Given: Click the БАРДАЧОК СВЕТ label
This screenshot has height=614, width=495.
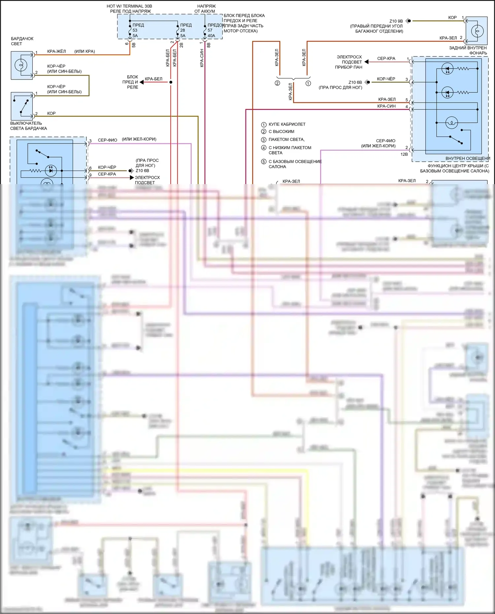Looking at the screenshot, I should pos(22,41).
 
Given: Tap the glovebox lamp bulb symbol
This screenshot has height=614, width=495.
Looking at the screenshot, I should pos(21,65).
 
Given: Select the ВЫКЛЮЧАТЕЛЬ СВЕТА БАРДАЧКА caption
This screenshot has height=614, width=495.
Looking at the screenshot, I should pos(28,126).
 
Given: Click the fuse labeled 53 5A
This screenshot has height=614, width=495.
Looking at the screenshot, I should pos(130,30).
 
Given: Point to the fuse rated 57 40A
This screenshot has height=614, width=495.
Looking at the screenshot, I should pos(205,30).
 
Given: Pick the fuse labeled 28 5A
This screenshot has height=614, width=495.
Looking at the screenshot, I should pos(178,30).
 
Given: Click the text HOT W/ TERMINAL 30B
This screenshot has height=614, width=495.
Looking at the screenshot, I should pos(129,6).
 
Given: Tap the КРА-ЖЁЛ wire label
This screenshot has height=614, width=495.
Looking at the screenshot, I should pos(56,51).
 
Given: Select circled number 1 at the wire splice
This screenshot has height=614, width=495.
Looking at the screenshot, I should pos(308,83).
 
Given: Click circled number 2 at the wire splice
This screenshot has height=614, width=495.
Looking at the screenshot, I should pos(278,83).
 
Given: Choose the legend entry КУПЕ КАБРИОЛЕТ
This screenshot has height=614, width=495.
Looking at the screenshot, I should pos(287,124).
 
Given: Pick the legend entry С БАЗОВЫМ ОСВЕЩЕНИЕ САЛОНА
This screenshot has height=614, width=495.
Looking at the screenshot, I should pos(295,164).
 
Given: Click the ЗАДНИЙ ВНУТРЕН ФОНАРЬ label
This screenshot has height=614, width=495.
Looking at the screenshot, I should pos(468,50).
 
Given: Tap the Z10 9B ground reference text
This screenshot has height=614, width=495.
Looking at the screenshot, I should pos(396,21).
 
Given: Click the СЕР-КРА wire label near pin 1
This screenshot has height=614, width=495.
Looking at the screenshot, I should pos(386,58).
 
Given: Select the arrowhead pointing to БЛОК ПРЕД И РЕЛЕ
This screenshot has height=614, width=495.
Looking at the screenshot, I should pos(142,82).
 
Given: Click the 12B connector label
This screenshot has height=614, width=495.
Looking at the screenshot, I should pos(404,154).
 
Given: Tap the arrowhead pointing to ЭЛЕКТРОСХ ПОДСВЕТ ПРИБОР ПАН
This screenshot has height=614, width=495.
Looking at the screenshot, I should pos(366,62).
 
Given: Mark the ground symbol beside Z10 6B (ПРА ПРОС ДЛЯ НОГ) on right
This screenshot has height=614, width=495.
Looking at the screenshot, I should pos(367,82).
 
